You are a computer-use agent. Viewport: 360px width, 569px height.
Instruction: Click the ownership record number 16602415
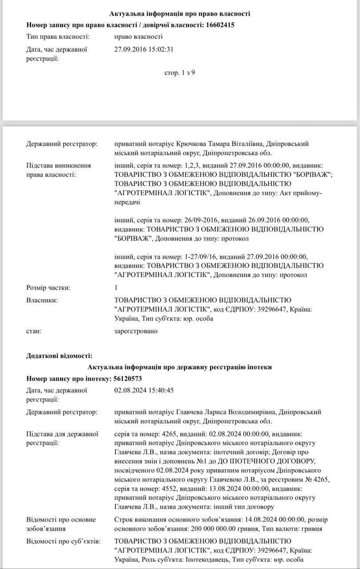[220, 25]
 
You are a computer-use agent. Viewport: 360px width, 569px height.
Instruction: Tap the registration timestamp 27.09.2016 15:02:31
[144, 49]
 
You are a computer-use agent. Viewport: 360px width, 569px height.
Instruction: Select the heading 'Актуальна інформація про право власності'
[180, 14]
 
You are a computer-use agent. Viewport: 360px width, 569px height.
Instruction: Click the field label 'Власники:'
[42, 301]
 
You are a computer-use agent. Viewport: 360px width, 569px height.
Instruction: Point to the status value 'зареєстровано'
[136, 331]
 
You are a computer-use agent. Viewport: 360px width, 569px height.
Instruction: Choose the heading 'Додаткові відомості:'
[59, 356]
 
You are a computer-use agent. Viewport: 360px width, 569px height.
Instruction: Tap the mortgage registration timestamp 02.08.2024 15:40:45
[144, 390]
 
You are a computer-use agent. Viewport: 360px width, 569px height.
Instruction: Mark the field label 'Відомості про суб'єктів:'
[63, 541]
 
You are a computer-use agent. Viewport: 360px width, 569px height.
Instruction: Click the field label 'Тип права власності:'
[58, 36]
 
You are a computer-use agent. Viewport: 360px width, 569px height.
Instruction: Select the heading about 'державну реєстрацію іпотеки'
[180, 367]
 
